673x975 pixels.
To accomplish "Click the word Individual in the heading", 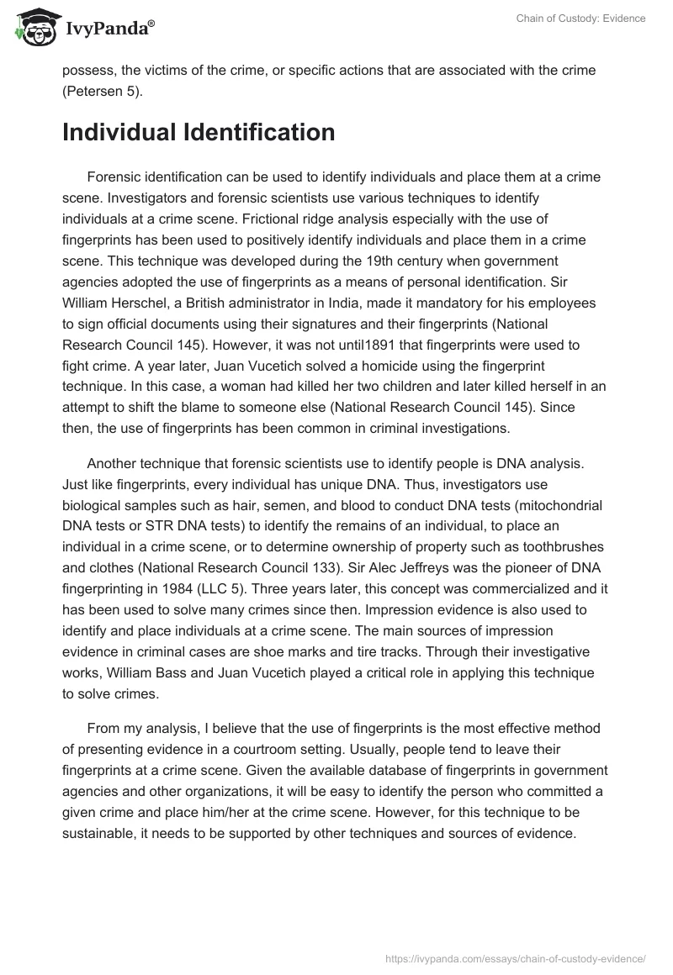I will point(117,133).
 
